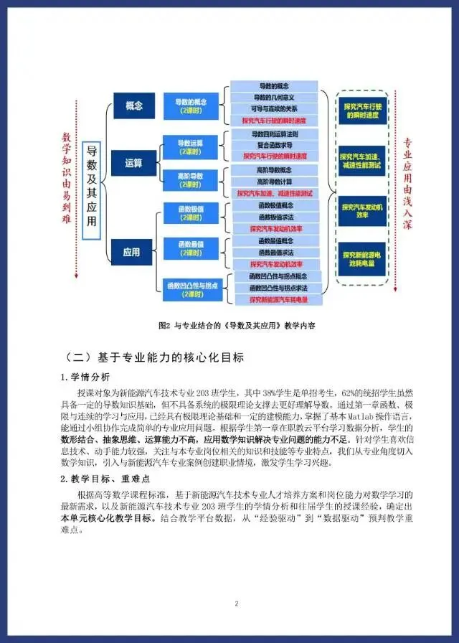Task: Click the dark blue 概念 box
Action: click(134, 105)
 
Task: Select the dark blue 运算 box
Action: click(134, 162)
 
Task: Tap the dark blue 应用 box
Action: click(132, 252)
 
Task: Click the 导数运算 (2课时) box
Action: click(190, 146)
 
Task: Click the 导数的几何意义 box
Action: click(274, 98)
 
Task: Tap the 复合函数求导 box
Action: click(274, 145)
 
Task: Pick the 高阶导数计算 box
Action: click(274, 182)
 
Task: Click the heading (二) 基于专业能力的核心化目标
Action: click(153, 357)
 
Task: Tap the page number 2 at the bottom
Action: click(236, 604)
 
